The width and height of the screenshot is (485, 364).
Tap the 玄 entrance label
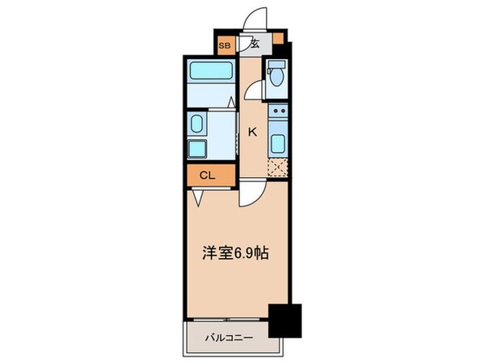point(254,44)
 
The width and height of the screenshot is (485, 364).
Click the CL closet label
point(207,174)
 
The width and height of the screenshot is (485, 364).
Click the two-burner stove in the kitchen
point(278,116)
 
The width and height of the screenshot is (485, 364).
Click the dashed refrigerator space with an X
point(278,168)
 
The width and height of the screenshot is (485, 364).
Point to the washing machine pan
point(197,150)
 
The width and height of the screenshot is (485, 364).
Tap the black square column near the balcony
point(285,320)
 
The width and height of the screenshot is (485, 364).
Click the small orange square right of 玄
point(278,37)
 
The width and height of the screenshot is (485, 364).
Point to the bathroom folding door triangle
point(231,104)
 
